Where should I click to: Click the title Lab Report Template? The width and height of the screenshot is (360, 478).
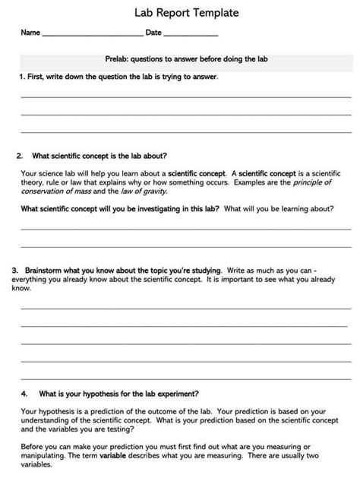tap(180, 12)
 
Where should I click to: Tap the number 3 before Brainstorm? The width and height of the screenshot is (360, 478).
tap(14, 270)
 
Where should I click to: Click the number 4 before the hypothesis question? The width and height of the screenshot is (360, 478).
tap(23, 394)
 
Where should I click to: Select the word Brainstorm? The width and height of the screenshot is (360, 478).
tap(44, 270)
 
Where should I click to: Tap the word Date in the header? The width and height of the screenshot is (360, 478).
tap(153, 33)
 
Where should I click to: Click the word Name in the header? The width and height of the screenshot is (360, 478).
tap(30, 33)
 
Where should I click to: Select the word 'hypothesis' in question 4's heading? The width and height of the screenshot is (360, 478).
tap(106, 394)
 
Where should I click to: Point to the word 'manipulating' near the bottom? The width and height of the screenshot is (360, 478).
tap(43, 454)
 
